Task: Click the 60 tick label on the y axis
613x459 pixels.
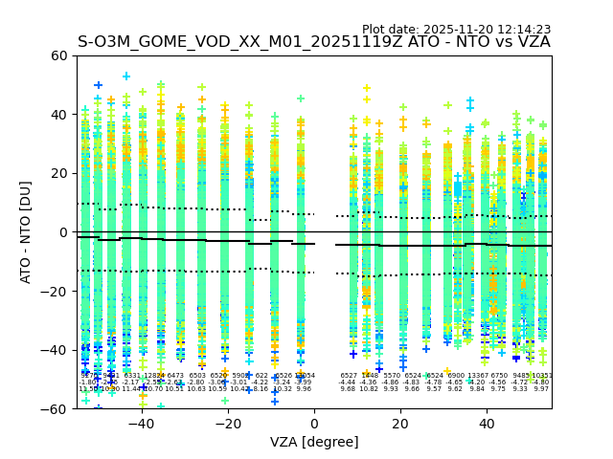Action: point(59,56)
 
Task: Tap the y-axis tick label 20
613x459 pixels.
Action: point(59,174)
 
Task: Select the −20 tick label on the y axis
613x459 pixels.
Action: point(55,292)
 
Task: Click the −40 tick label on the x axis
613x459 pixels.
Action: point(141,425)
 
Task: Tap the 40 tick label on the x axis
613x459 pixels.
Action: point(487,425)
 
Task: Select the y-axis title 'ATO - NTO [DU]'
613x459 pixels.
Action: point(26,232)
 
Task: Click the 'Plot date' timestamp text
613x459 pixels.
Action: point(456,30)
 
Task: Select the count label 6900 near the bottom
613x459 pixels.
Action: point(456,376)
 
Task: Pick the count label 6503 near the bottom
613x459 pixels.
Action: point(197,376)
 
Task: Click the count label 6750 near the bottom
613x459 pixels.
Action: point(499,376)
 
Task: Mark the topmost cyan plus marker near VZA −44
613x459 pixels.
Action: point(125,76)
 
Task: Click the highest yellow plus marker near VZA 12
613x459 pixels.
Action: point(366,89)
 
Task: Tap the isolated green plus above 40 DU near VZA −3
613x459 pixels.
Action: point(300,98)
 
